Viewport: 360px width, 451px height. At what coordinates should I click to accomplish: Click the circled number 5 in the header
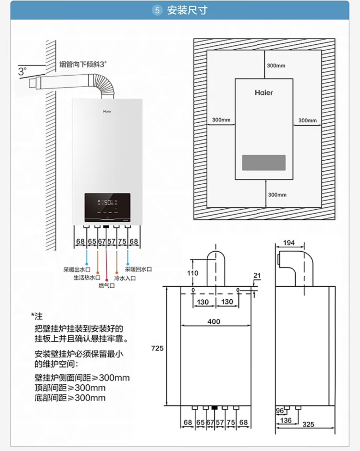click(157, 10)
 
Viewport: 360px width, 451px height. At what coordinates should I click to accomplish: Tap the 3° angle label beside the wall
click(22, 71)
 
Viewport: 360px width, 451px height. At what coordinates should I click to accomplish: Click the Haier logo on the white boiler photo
click(107, 111)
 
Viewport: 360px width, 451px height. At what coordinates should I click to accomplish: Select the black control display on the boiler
click(107, 207)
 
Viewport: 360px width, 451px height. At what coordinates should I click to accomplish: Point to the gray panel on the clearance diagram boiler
click(264, 162)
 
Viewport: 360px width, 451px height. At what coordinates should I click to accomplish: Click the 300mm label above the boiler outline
click(276, 66)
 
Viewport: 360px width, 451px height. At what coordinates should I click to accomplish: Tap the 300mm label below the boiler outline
click(277, 195)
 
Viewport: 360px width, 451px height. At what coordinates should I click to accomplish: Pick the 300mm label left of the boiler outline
click(221, 120)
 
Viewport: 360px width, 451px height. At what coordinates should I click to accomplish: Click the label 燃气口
click(107, 286)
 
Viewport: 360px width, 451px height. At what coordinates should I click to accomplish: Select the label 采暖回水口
click(138, 269)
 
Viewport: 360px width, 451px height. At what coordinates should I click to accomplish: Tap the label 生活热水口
click(87, 278)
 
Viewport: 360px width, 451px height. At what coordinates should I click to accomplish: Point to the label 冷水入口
click(125, 278)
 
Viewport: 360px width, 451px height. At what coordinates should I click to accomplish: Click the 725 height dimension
click(157, 348)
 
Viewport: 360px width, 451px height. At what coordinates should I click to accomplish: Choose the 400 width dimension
click(214, 322)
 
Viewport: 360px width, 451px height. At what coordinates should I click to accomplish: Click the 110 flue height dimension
click(192, 273)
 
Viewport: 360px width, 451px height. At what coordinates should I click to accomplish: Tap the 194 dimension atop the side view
click(289, 243)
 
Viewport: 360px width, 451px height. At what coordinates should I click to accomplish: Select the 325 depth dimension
click(308, 424)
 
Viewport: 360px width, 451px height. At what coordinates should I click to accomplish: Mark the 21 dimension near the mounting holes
click(257, 276)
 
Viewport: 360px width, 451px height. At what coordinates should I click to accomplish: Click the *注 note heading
click(37, 316)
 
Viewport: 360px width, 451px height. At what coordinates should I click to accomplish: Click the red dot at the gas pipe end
click(107, 280)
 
